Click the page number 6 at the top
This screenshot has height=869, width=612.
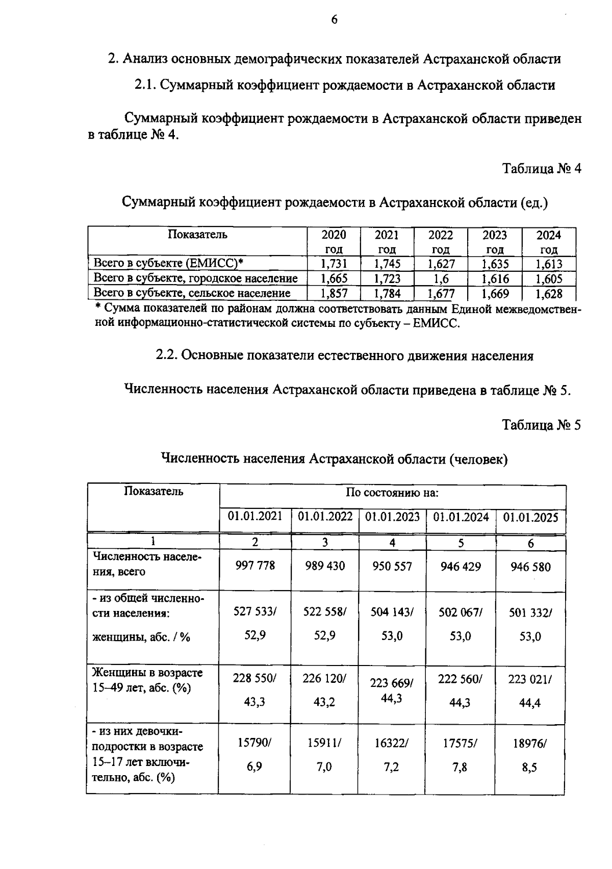click(335, 20)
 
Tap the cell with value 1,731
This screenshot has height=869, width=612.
click(334, 264)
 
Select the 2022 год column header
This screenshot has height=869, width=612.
click(441, 242)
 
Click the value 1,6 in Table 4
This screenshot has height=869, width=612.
click(441, 278)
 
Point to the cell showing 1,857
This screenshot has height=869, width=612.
click(334, 293)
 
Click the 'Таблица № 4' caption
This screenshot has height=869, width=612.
click(542, 169)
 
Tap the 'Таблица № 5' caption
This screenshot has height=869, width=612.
click(542, 425)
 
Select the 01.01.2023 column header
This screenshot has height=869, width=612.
click(392, 517)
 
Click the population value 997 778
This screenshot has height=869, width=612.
click(255, 566)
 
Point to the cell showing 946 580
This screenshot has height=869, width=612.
click(530, 567)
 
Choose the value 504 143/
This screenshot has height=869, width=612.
click(392, 612)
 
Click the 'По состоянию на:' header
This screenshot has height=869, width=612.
click(392, 493)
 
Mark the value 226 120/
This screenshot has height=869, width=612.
click(324, 679)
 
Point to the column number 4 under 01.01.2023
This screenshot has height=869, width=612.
click(392, 543)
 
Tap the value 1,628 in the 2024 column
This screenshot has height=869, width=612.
click(549, 294)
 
